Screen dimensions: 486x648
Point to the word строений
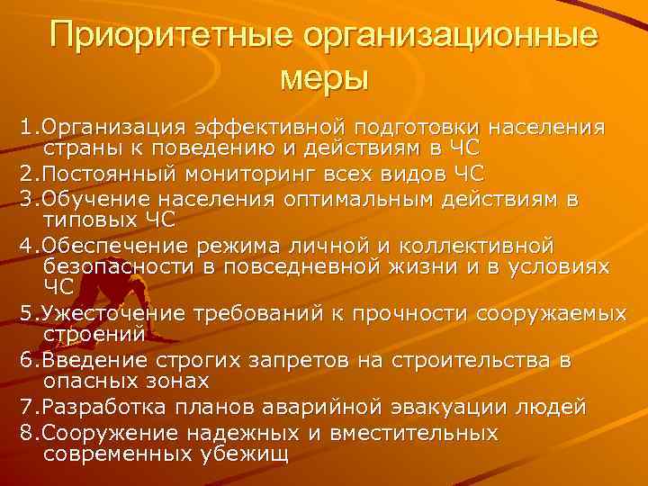click(94, 335)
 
